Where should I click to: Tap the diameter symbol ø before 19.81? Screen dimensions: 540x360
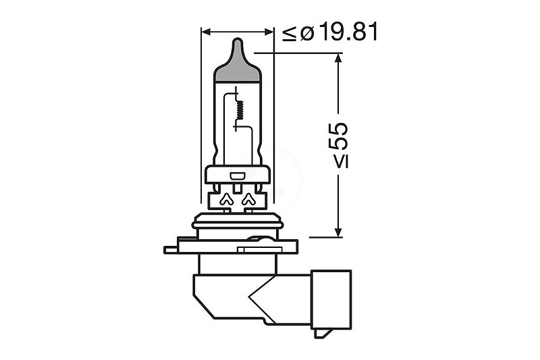307,33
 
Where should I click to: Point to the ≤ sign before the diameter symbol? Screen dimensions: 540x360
290,34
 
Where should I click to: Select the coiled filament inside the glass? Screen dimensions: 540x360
238,109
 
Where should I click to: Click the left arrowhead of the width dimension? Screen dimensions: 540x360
206,32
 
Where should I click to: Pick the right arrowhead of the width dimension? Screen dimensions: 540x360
269,32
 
